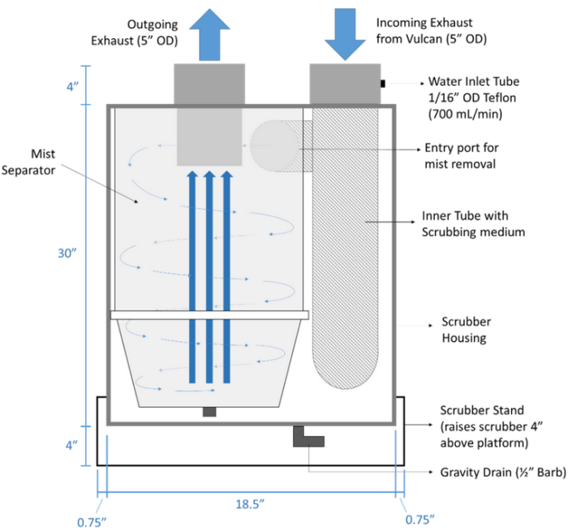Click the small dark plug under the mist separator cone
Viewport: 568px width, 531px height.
point(209,412)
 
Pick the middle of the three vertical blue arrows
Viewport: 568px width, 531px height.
point(209,276)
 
